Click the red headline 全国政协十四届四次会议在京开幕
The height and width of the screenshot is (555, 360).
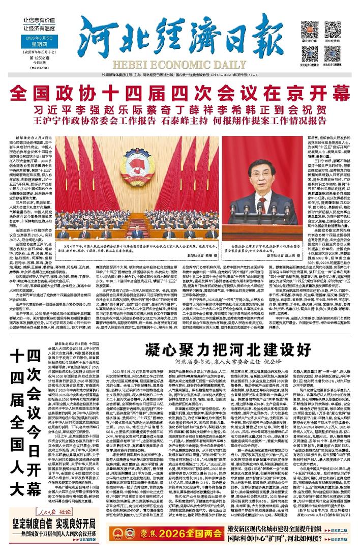(179, 94)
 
